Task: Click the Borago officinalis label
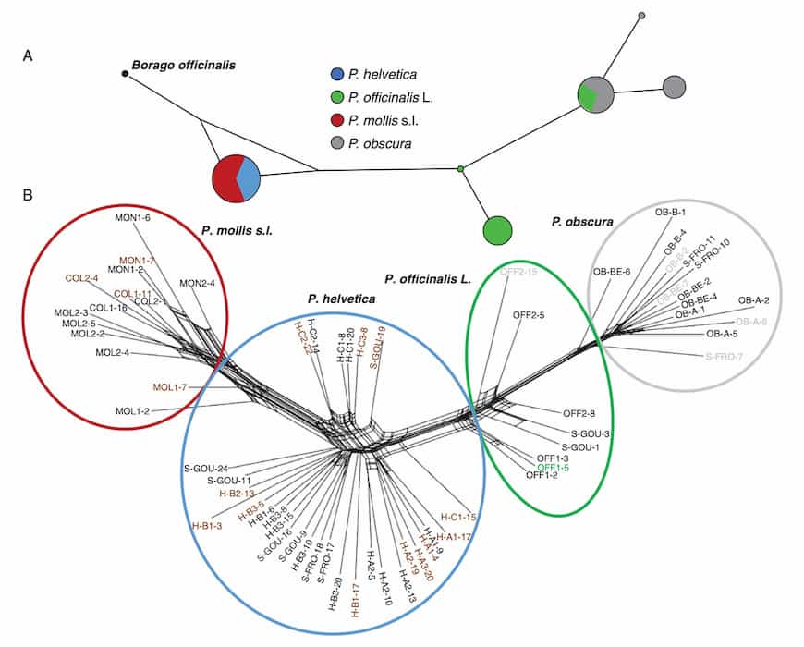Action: click(184, 65)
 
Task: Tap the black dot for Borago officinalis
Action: click(125, 73)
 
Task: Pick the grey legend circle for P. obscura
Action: click(338, 143)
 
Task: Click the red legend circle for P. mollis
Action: click(338, 120)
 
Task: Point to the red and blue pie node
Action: click(237, 177)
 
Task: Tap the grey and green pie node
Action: click(596, 95)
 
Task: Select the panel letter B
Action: click(28, 195)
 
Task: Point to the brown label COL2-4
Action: click(82, 276)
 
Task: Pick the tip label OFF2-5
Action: click(529, 315)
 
